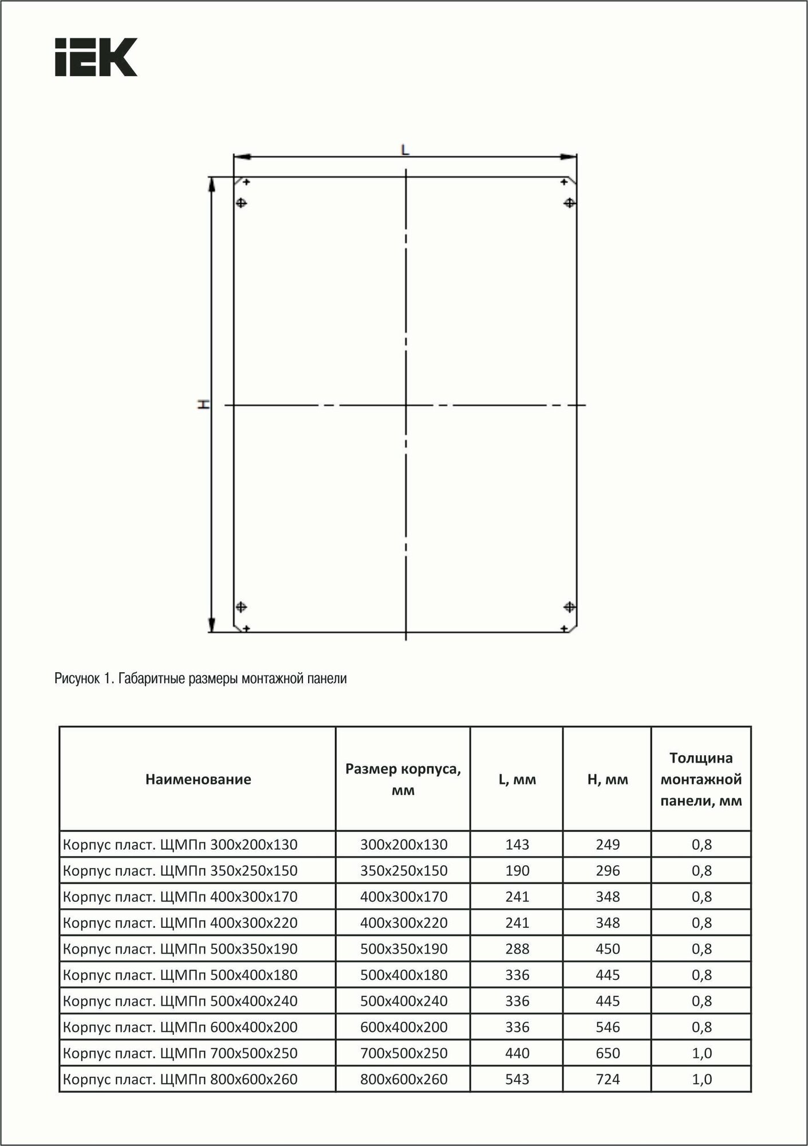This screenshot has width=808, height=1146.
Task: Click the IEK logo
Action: [x=96, y=57]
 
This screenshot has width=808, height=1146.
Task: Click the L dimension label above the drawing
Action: [x=405, y=150]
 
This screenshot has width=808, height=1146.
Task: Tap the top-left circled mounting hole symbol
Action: [x=241, y=203]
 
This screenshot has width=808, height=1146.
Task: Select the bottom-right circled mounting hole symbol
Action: [x=569, y=606]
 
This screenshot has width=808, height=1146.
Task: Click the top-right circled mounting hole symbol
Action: [x=569, y=203]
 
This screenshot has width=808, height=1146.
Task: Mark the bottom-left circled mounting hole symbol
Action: [x=241, y=606]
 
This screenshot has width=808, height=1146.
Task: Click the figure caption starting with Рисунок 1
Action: [x=200, y=679]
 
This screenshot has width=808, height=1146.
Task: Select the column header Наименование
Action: [x=198, y=779]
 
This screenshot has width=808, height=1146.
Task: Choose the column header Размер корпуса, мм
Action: [x=403, y=779]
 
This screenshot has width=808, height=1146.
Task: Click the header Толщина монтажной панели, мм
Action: [x=701, y=779]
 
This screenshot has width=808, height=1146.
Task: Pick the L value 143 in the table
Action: [x=517, y=845]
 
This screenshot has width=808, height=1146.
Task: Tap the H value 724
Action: [x=608, y=1080]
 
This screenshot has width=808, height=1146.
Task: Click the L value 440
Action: [x=517, y=1053]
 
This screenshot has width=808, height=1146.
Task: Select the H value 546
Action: [x=608, y=1027]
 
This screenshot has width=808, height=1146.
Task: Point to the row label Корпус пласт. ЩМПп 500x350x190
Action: [x=180, y=949]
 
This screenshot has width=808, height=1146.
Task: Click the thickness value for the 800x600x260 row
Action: [x=701, y=1080]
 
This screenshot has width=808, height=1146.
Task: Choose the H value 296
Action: [x=608, y=871]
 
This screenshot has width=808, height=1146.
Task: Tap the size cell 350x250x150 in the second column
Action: [x=404, y=871]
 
